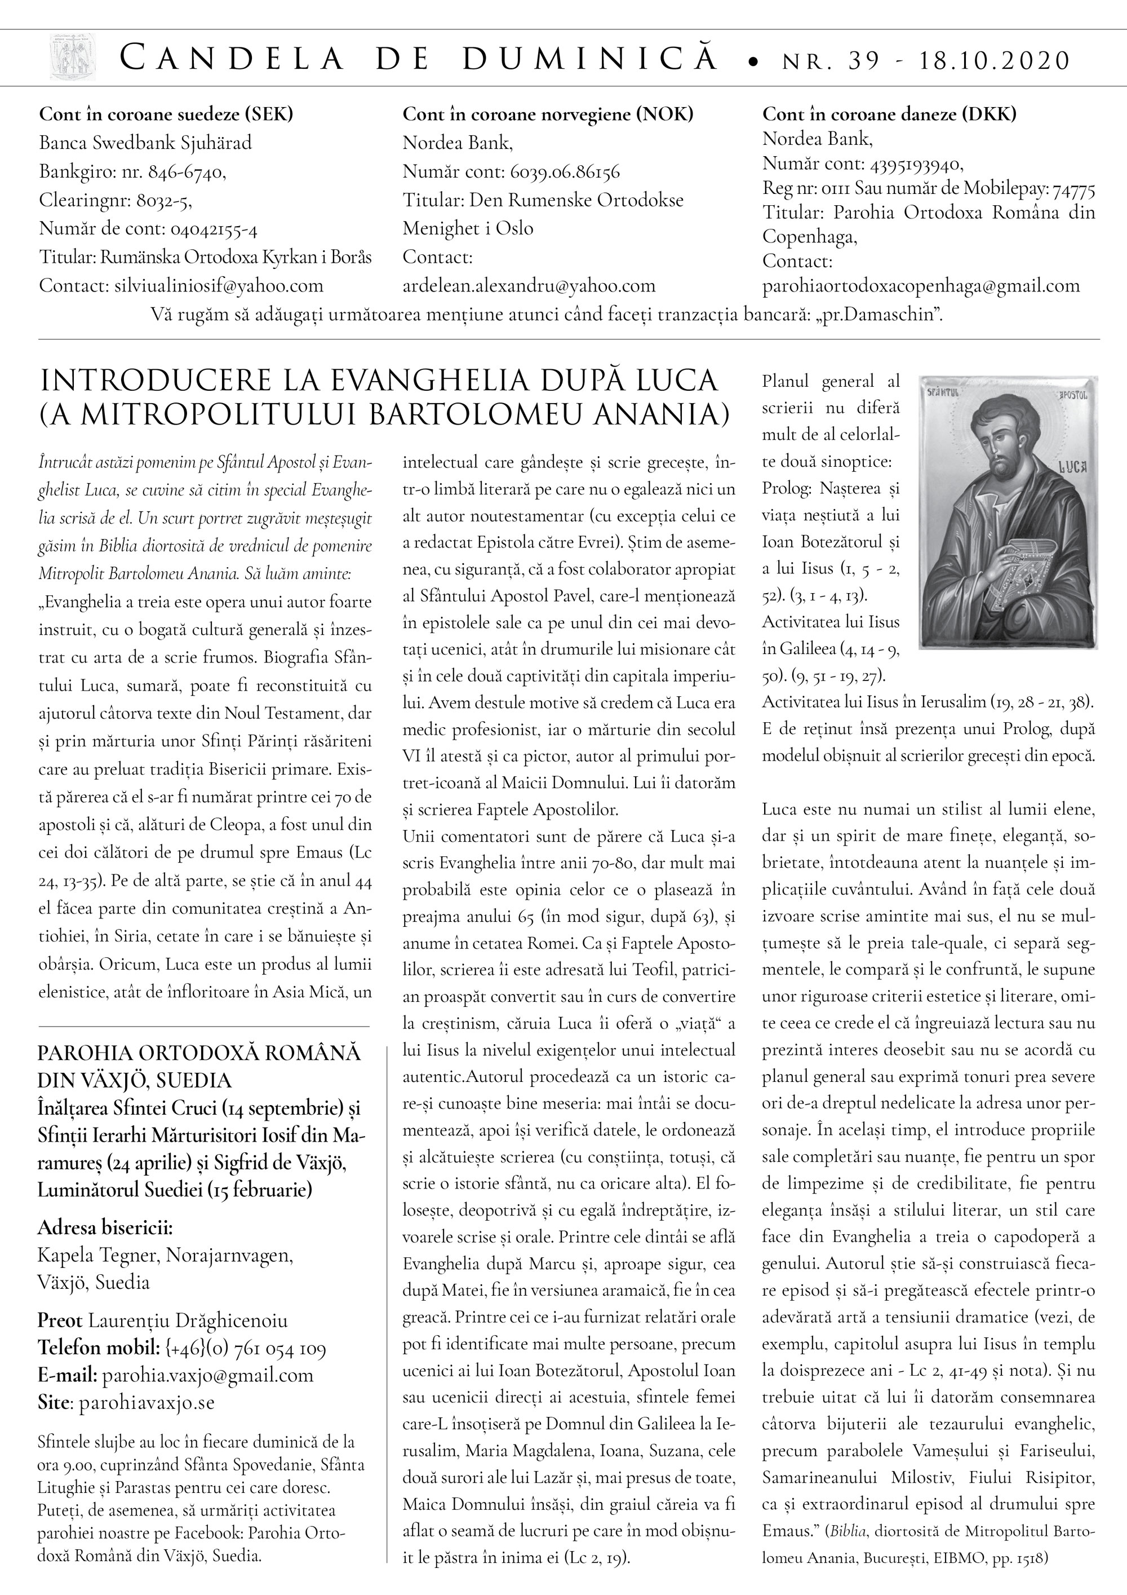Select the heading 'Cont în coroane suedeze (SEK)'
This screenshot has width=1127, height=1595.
(x=166, y=114)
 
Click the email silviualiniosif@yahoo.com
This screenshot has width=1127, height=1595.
(x=219, y=285)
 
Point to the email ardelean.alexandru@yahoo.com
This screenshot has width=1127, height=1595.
(x=529, y=285)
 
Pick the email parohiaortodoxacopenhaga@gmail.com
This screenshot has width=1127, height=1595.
(x=921, y=285)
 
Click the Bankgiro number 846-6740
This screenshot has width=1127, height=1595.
(x=184, y=171)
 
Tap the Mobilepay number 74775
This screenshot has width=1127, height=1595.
(x=1073, y=189)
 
